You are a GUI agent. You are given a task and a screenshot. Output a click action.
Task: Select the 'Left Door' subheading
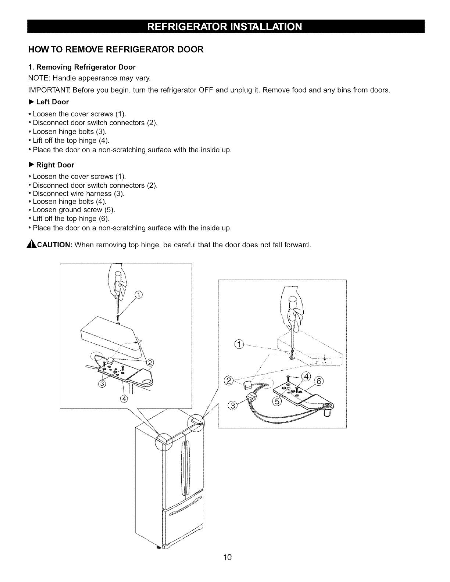click(x=52, y=102)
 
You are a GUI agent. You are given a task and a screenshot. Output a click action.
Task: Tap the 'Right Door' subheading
click(x=55, y=165)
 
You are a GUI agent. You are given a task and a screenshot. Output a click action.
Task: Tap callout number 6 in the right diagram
click(x=319, y=381)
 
